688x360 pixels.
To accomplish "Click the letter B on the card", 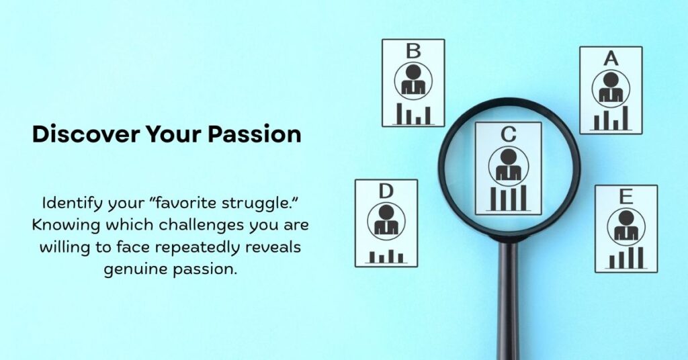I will pos(414,51).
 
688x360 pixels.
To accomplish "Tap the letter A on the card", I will pos(611,58).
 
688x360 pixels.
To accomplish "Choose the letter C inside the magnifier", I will pos(509,134).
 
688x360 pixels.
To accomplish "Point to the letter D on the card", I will pos(386,191).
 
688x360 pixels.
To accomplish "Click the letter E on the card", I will pos(626,197).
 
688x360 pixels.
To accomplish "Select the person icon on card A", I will pos(611,88).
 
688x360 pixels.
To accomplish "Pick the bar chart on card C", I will pos(509,198).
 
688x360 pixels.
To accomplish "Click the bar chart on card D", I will pos(386,255).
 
